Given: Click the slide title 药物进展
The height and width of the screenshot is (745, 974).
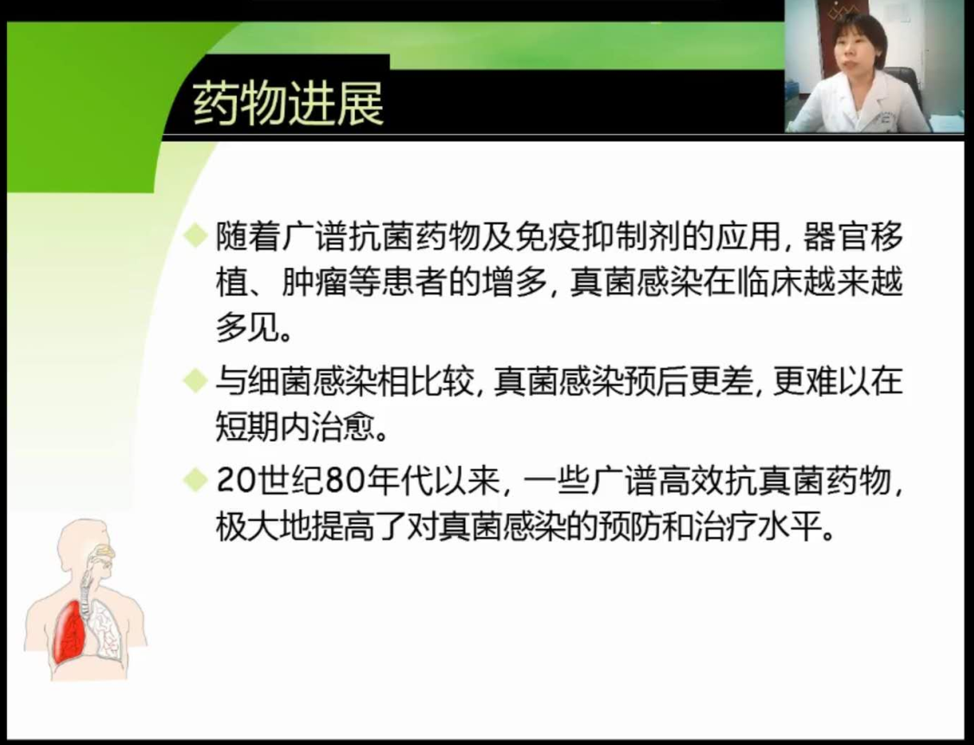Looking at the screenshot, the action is pyautogui.click(x=288, y=103).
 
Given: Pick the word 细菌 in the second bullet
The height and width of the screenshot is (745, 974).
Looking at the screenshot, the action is pyautogui.click(x=281, y=381).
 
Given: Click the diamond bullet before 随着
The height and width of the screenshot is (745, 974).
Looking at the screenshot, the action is pyautogui.click(x=195, y=235).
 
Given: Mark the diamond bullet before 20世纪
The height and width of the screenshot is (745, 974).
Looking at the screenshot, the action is pyautogui.click(x=195, y=479).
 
